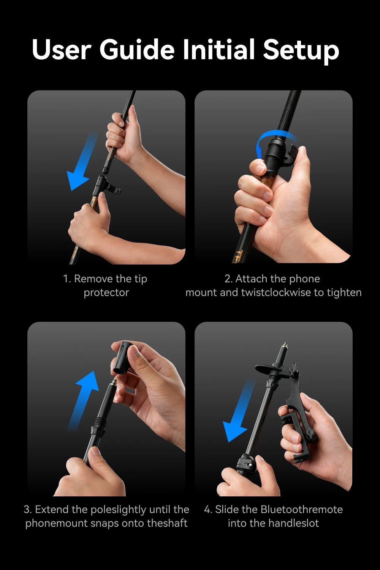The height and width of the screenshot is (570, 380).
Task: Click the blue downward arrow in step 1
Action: click(x=82, y=162)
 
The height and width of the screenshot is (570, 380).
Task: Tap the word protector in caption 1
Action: click(x=106, y=293)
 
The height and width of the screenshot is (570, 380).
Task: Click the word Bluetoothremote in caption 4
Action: click(x=301, y=509)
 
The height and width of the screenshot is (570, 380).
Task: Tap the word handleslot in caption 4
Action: click(x=294, y=523)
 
